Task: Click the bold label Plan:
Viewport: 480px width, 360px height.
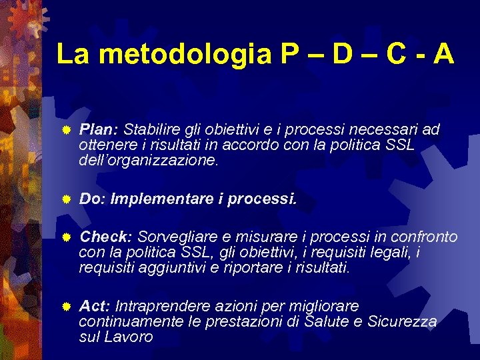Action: [99, 129]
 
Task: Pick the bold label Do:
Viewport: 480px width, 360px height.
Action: [92, 199]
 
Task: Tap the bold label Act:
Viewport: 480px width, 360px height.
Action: [94, 307]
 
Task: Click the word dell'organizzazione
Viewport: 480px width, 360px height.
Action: [148, 161]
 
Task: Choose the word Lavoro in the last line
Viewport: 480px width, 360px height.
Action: [130, 337]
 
